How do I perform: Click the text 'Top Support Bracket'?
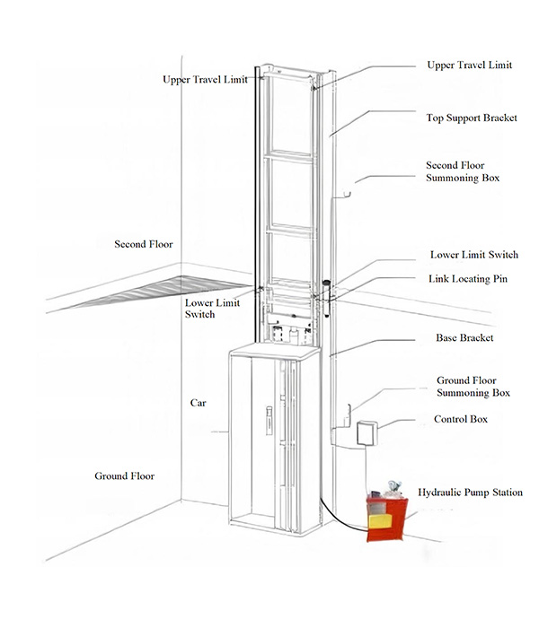point(471,118)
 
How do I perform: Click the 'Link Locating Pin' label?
point(468,279)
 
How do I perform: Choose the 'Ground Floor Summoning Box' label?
point(473,387)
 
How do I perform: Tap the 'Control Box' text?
point(461,419)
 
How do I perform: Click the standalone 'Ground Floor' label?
point(125,475)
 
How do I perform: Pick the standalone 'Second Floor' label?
point(144,244)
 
